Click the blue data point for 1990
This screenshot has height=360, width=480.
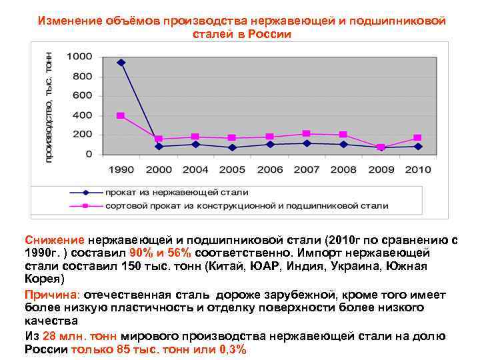click(121, 63)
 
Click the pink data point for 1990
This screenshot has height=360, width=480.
click(121, 115)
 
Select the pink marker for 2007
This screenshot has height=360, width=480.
click(307, 133)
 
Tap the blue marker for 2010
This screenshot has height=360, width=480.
click(418, 146)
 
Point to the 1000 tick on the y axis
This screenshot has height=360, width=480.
click(79, 57)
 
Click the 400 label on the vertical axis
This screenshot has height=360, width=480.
click(83, 115)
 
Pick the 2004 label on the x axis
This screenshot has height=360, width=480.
click(195, 169)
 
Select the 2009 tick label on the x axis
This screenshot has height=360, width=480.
click(381, 169)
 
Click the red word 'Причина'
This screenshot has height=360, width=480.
click(51, 295)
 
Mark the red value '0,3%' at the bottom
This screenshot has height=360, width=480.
click(231, 349)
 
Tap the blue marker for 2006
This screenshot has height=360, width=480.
click(269, 144)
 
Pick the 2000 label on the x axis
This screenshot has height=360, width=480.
click(158, 169)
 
